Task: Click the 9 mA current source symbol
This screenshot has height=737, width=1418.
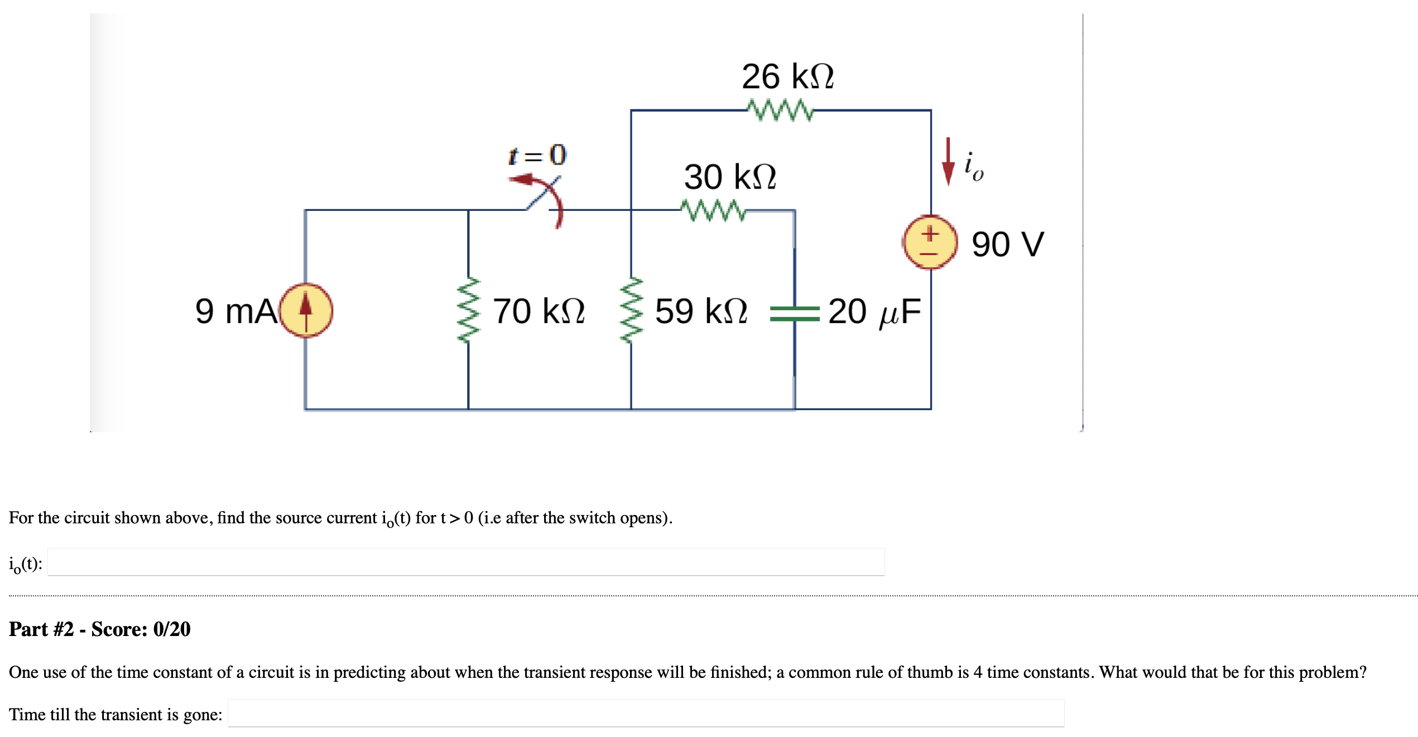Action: [x=306, y=310]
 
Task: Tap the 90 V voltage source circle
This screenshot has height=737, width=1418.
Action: [x=930, y=242]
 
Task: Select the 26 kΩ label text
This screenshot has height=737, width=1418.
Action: [x=787, y=76]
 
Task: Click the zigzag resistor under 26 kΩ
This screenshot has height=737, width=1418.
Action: [x=780, y=110]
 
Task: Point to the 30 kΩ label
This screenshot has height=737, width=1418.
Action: [x=730, y=177]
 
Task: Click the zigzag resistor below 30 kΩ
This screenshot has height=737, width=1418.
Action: [x=713, y=210]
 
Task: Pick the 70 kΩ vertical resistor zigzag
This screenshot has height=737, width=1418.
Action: [x=468, y=310]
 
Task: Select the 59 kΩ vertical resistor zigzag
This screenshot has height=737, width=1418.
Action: [x=631, y=310]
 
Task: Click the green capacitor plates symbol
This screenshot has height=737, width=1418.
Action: [x=794, y=314]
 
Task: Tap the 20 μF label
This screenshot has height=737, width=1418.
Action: [x=874, y=311]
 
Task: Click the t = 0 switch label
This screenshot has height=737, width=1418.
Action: [x=537, y=155]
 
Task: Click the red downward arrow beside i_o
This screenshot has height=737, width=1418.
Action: [x=948, y=162]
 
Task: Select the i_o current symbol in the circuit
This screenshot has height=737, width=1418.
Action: [x=974, y=166]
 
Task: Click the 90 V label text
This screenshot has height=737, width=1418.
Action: [x=1007, y=244]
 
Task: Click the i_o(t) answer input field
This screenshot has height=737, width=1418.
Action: [x=466, y=562]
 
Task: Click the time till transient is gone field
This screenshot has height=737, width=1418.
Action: [x=646, y=713]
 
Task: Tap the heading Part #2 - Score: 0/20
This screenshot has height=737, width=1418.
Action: [x=100, y=629]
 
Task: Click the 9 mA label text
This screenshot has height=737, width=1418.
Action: [x=235, y=311]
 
